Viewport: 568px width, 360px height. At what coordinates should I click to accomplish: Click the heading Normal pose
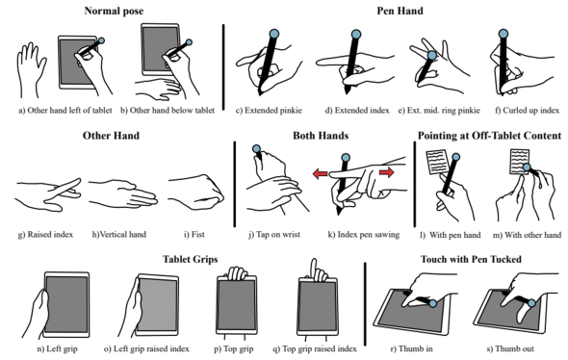point(114,11)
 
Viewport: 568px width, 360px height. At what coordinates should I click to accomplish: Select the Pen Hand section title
point(400,11)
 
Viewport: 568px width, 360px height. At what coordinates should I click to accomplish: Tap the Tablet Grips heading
point(191,259)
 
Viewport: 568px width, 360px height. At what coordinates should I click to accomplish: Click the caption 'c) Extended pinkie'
point(269,110)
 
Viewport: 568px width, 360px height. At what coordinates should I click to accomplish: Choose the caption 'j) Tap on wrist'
point(274,234)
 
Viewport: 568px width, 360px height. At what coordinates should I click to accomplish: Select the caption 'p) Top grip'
point(234,348)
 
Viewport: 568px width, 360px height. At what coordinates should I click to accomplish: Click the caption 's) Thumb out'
point(510,348)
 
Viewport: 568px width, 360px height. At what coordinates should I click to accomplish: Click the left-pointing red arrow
point(321,174)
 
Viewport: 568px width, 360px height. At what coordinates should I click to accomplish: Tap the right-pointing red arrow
point(386,172)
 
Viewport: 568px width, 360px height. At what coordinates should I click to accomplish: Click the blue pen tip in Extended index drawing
point(356,35)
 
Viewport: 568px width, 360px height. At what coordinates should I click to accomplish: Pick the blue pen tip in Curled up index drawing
point(503,34)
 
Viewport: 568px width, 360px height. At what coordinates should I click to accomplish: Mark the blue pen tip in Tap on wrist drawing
point(256,149)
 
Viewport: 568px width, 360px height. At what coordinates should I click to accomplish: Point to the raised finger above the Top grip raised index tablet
point(314,269)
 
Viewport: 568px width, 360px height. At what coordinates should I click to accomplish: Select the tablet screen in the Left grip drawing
point(66,303)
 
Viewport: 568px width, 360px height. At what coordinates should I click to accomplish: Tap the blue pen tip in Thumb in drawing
point(433,303)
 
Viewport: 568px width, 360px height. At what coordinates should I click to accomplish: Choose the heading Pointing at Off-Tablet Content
point(489,136)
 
